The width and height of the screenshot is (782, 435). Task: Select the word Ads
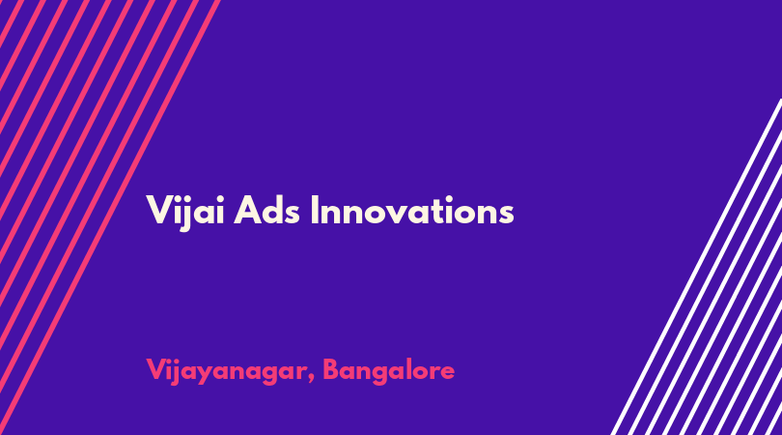pyautogui.click(x=266, y=211)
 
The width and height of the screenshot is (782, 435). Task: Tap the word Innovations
pyautogui.click(x=412, y=211)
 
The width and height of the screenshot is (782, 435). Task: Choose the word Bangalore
pyautogui.click(x=389, y=371)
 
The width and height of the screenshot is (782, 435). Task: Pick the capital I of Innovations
pyautogui.click(x=314, y=211)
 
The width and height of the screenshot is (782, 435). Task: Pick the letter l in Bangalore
pyautogui.click(x=409, y=369)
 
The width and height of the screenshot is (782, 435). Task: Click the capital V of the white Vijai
pyautogui.click(x=159, y=211)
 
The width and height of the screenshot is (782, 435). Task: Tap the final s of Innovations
pyautogui.click(x=507, y=215)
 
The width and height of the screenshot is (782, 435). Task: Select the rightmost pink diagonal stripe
pyautogui.click(x=110, y=217)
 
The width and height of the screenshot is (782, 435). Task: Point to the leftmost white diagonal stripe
pyautogui.click(x=696, y=267)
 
